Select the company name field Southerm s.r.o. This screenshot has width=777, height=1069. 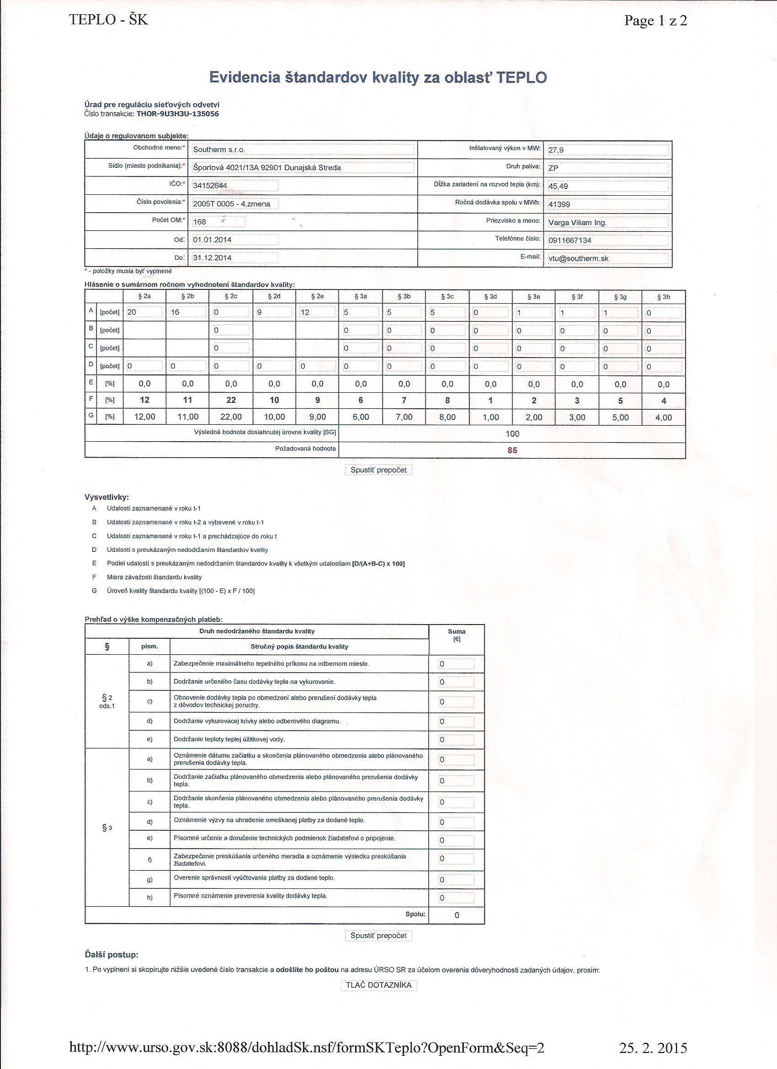303,150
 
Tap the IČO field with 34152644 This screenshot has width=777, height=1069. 234,186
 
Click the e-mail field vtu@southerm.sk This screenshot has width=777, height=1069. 607,258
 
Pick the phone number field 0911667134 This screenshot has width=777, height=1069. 607,241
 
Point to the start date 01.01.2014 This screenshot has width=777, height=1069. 234,240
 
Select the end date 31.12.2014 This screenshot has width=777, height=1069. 234,258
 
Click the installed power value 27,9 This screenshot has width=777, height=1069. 607,150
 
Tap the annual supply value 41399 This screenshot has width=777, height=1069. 607,204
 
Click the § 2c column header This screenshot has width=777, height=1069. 231,296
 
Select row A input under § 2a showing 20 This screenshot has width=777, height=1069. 144,312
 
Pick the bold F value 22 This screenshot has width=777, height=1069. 231,400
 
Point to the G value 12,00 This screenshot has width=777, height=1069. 144,417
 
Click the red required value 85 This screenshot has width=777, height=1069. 512,450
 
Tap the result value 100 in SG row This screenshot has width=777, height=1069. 512,433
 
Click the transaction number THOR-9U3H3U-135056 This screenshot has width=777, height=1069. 178,113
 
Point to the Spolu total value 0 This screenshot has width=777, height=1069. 457,915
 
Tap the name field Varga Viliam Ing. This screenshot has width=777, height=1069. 607,223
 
